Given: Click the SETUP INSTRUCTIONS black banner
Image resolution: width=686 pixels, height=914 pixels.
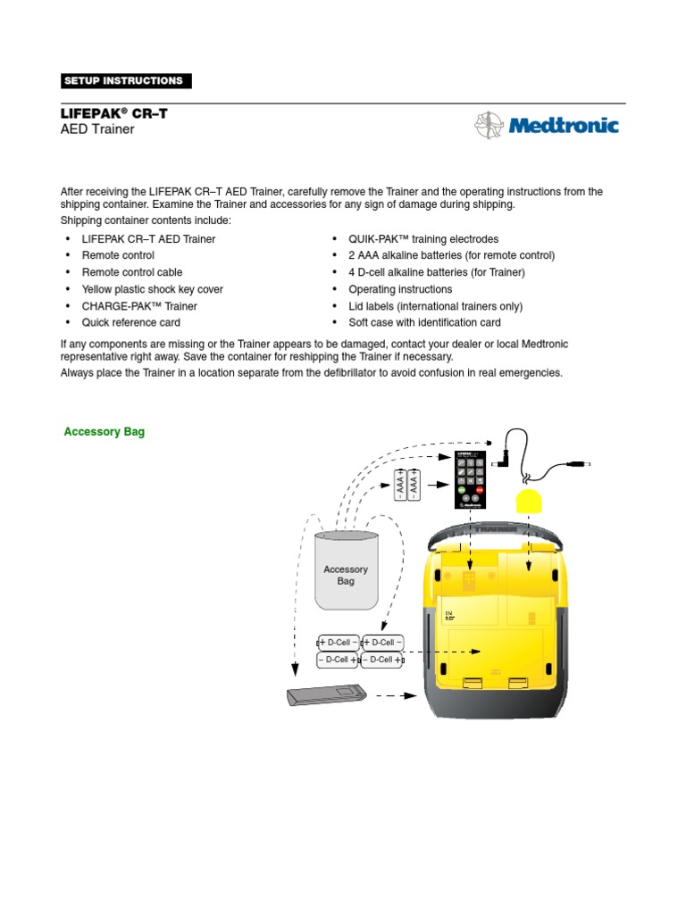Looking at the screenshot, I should tap(126, 81).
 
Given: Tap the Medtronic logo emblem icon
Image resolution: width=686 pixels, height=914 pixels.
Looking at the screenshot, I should tap(489, 126).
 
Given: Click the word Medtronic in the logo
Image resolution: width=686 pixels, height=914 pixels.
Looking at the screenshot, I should tap(563, 126).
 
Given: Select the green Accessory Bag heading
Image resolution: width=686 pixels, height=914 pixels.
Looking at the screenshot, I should tap(104, 432).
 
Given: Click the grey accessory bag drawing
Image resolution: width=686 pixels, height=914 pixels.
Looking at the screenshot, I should tap(346, 571).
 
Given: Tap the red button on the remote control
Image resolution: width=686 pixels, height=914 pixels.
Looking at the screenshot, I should tap(480, 490).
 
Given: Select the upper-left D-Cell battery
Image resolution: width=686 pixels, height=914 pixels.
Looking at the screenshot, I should tap(339, 642).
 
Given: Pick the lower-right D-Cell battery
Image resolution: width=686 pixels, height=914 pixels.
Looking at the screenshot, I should tap(382, 660).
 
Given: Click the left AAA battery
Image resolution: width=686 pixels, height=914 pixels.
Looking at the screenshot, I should tap(401, 485).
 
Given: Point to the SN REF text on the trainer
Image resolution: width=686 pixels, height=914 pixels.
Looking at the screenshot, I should tap(450, 615).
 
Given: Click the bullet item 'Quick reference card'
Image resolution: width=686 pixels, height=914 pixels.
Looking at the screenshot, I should tap(130, 323).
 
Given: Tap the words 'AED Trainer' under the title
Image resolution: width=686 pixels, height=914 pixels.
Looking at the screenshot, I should tap(97, 129).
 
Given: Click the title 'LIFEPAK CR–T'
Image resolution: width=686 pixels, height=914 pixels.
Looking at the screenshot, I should tap(113, 113).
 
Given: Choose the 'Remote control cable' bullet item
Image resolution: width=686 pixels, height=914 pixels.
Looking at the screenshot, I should tap(132, 272).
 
